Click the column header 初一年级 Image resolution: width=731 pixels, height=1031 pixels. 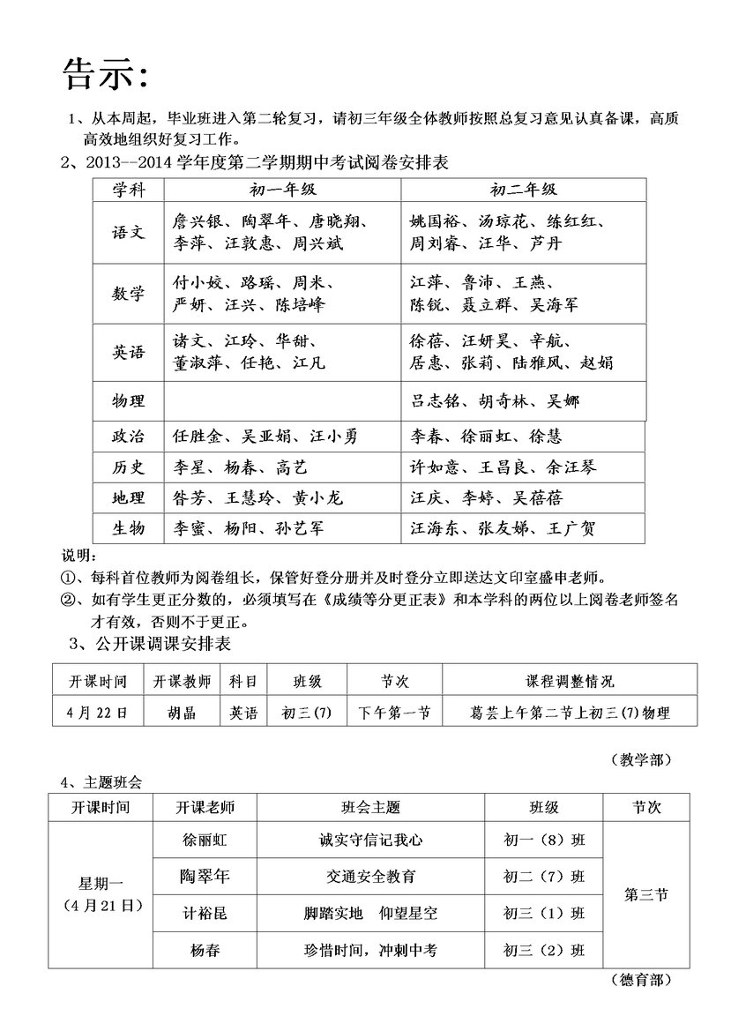click(x=282, y=190)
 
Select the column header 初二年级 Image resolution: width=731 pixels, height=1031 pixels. click(x=523, y=190)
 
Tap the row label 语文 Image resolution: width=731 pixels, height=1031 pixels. click(x=128, y=232)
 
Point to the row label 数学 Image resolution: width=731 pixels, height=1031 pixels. click(x=128, y=294)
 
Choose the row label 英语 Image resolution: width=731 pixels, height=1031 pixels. click(x=128, y=352)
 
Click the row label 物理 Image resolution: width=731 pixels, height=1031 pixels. click(x=128, y=401)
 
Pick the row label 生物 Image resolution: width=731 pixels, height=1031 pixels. click(x=128, y=528)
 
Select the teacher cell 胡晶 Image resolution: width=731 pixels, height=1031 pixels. click(x=182, y=713)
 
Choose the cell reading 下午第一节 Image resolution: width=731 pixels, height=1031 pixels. click(x=394, y=713)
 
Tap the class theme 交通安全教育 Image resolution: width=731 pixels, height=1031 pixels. click(x=370, y=877)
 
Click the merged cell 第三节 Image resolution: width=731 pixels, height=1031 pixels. click(x=645, y=894)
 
